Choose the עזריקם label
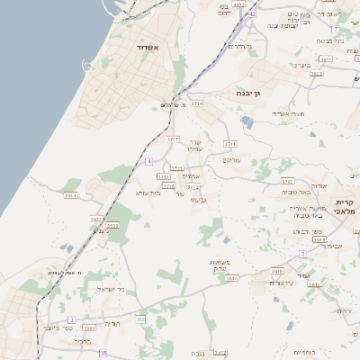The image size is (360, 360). coord(235,159)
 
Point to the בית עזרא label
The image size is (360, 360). coord(147,193)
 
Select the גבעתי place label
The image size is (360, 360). coord(199,199)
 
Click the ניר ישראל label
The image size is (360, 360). coord(109,288)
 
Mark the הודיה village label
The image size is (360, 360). coord(112,322)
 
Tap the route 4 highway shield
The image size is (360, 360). coord(148,161)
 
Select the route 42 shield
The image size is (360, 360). coord(253,14)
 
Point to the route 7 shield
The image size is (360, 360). coord(335,30)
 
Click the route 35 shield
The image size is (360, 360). coord(103,354)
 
